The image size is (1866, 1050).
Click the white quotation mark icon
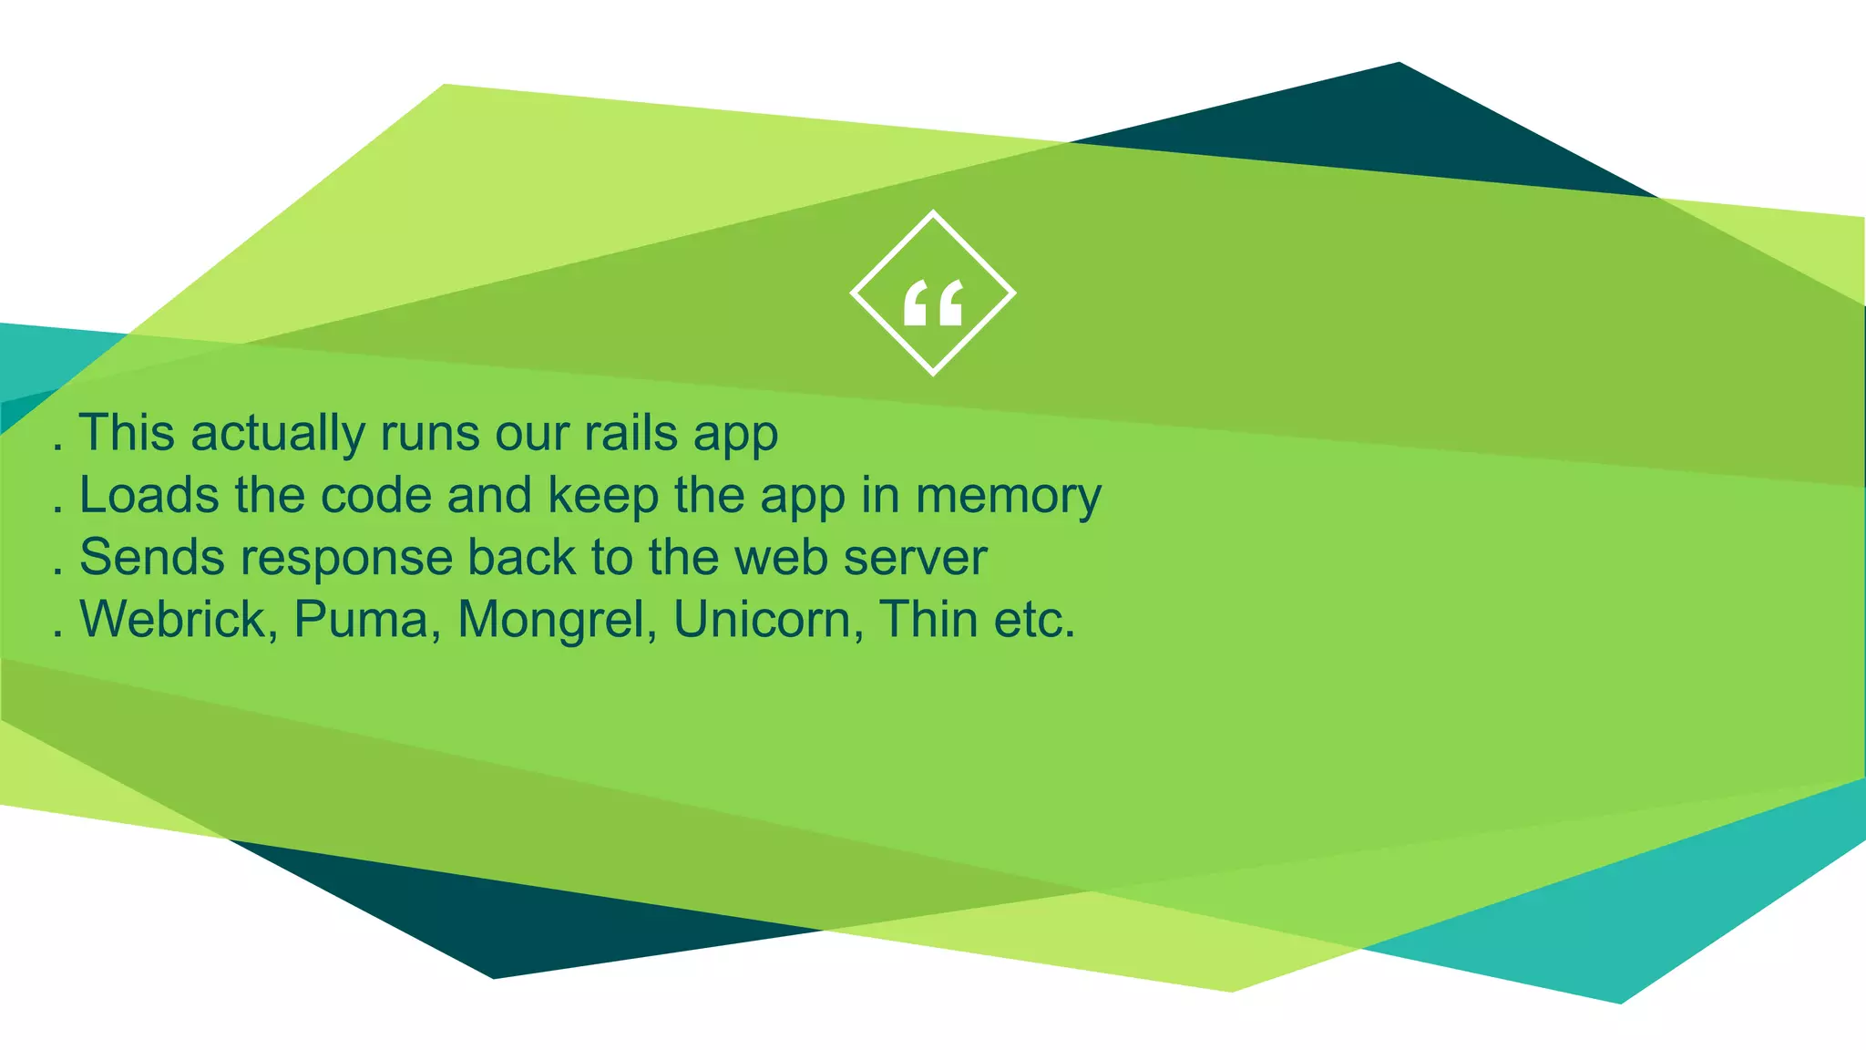pos(932,303)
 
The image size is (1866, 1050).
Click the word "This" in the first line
pos(127,432)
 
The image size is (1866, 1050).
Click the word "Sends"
pos(151,557)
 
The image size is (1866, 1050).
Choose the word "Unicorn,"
pos(768,620)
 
